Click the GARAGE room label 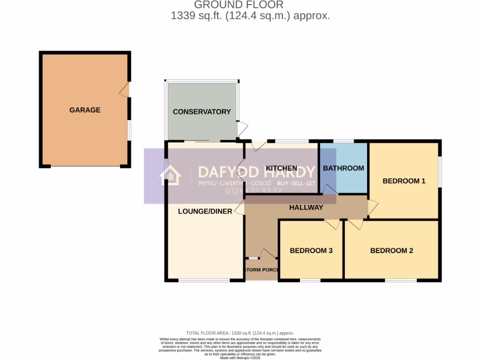(85, 110)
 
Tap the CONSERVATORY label (202, 112)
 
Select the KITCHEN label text (281, 168)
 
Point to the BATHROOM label (343, 168)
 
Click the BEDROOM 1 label (404, 180)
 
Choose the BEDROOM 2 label (391, 251)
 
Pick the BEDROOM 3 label (311, 251)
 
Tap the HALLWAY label (306, 207)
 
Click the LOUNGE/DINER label (205, 211)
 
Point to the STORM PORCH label (262, 270)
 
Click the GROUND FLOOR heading (239, 5)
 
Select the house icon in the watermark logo (170, 176)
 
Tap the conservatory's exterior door (242, 128)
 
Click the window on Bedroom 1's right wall (440, 172)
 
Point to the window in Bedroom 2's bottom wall (401, 280)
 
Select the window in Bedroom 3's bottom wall (310, 280)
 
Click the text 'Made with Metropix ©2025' (240, 358)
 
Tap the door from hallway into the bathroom (330, 189)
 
